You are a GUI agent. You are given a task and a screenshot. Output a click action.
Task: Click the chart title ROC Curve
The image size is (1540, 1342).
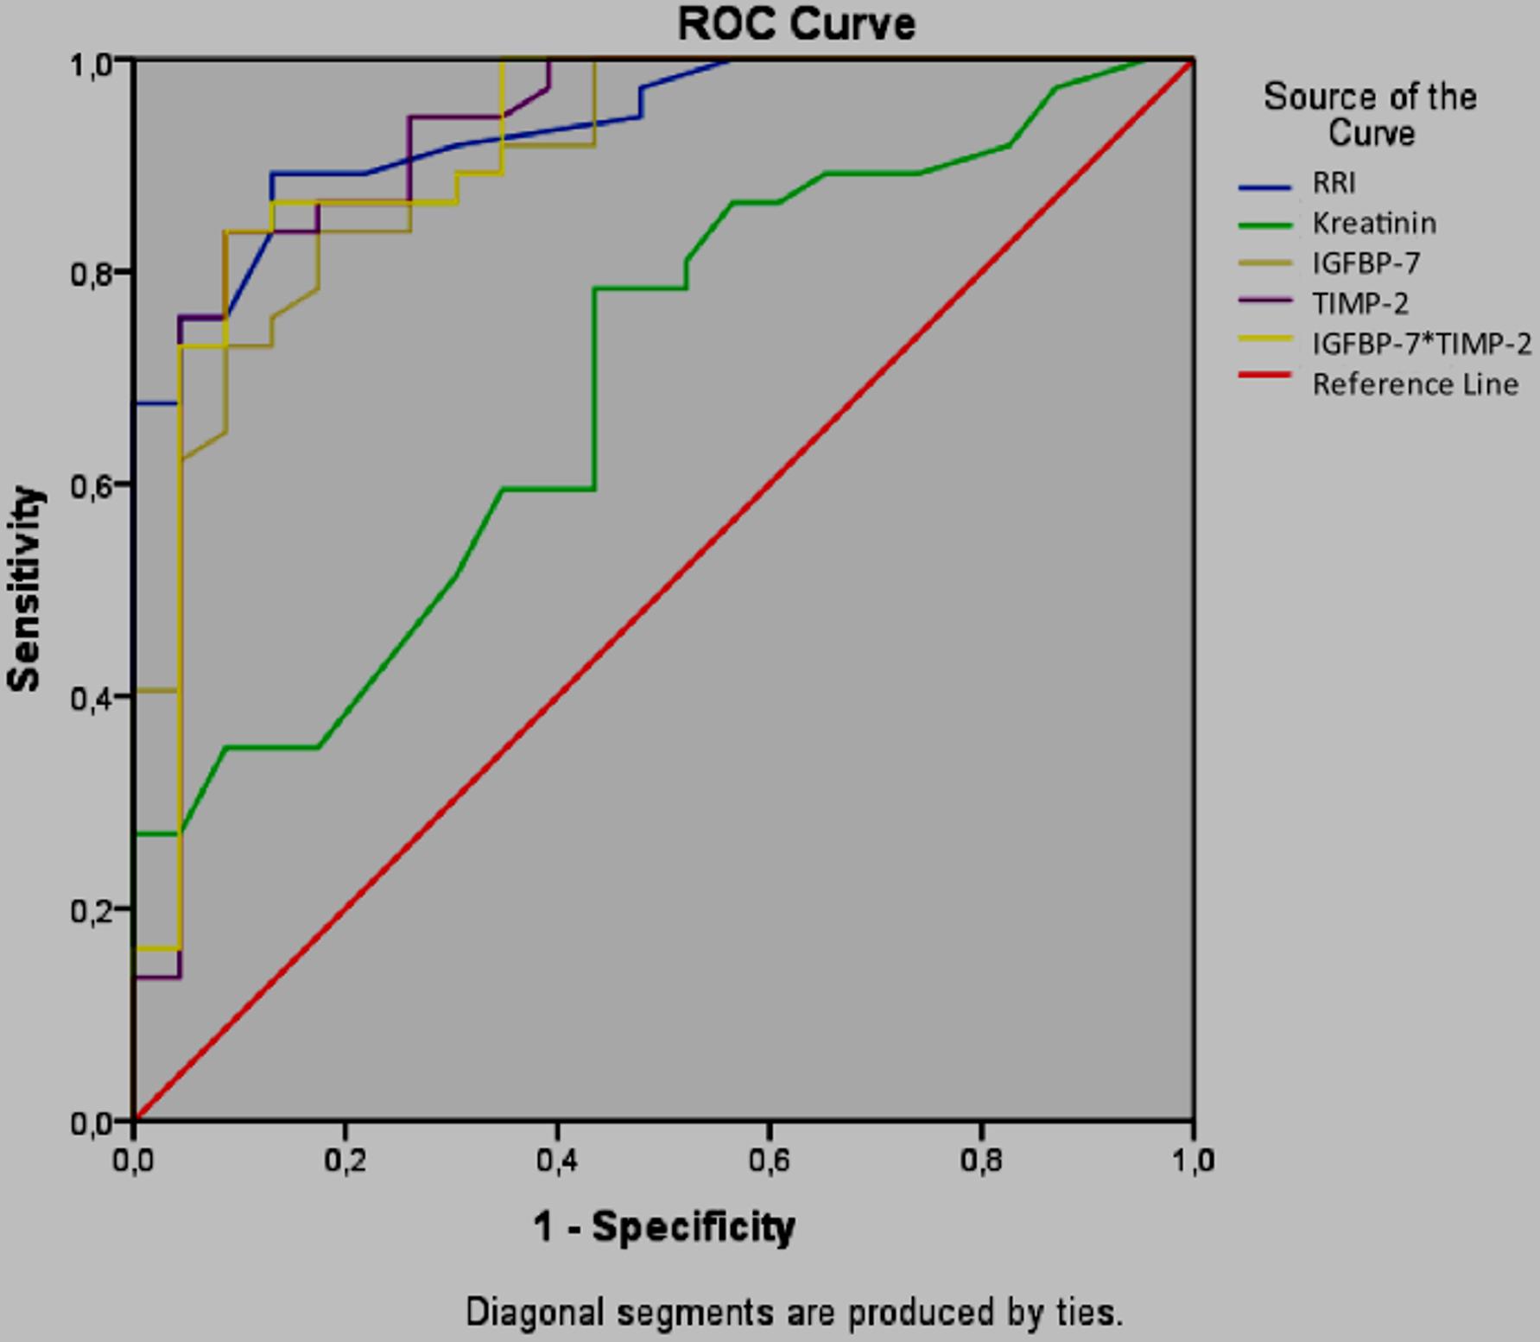pos(795,24)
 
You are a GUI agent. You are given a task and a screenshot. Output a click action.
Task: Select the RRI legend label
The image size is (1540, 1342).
pos(1334,183)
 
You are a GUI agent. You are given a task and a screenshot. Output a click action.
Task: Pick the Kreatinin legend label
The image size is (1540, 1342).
pos(1374,224)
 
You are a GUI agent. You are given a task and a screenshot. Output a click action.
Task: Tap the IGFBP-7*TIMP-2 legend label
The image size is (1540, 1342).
pos(1422,344)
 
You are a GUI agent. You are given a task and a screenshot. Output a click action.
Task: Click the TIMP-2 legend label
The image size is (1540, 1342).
pos(1360,303)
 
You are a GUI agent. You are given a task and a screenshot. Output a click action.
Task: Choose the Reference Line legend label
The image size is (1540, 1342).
pos(1415,384)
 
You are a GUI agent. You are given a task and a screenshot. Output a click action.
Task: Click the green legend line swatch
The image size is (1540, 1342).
pos(1264,225)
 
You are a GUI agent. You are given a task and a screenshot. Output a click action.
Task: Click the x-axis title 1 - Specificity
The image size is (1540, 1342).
pos(663,1226)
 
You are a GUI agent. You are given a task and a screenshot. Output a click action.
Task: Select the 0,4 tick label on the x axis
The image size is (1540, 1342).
pos(557,1161)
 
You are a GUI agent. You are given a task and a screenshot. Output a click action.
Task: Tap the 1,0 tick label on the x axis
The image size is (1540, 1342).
pos(1193,1161)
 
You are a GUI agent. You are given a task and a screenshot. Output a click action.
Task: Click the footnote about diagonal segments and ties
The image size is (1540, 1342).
pos(795,1313)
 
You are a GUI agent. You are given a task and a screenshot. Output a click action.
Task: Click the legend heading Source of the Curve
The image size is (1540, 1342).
pos(1370,114)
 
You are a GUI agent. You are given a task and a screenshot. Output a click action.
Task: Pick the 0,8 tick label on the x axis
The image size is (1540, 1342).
pos(981,1161)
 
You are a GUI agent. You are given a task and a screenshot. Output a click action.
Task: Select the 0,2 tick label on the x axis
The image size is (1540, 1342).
pos(345,1161)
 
